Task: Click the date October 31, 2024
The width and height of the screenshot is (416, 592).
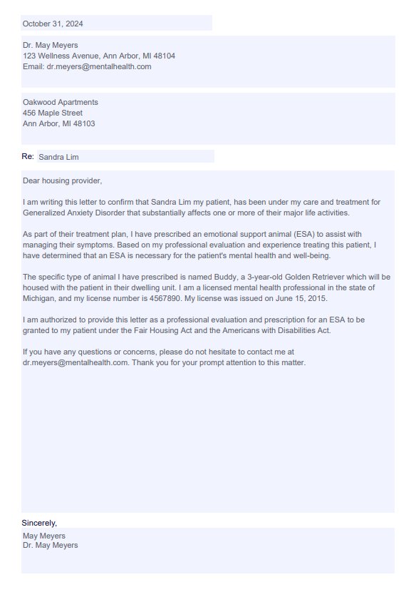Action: point(53,24)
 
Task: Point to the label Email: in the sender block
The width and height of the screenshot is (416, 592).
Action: point(33,66)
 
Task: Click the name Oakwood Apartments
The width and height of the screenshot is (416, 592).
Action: point(61,102)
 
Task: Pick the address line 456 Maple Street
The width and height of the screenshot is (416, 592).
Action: point(53,113)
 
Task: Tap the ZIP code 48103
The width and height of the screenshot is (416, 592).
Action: point(84,123)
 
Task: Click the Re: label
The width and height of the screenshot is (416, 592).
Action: point(27,155)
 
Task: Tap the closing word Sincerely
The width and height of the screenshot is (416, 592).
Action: point(38,523)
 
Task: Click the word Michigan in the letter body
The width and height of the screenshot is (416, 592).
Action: point(40,298)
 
